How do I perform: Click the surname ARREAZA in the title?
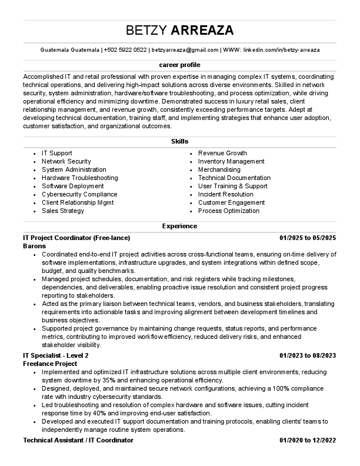[x=202, y=31]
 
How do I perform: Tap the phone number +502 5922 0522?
[x=125, y=51]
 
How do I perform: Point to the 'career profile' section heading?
[x=179, y=64]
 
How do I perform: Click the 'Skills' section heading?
[x=179, y=141]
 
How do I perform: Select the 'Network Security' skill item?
[x=66, y=161]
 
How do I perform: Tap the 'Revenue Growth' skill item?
[x=222, y=153]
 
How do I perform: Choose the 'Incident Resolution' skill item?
[x=226, y=194]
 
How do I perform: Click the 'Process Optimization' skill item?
[x=228, y=211]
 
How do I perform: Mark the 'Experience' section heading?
[x=179, y=226]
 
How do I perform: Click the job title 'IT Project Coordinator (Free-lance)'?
[x=76, y=238]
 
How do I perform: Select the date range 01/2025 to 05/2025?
[x=307, y=238]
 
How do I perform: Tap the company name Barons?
[x=34, y=246]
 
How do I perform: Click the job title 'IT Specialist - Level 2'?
[x=56, y=355]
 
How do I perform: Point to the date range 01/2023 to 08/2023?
[x=307, y=355]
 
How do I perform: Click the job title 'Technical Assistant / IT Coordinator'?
[x=78, y=440]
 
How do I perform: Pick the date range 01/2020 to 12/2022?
[x=307, y=440]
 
